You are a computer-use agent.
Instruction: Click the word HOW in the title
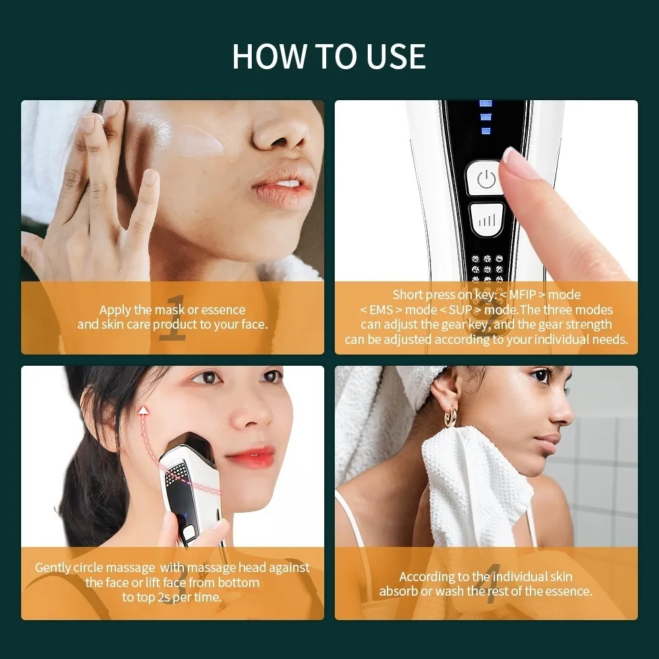coord(270,56)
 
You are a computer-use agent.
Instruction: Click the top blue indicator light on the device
coord(486,103)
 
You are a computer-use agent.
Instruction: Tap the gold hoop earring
coord(451,416)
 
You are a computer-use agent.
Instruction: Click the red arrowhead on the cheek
coord(144,410)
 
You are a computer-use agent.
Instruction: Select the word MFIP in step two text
coord(523,295)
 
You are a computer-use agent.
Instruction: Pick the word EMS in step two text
coord(381,310)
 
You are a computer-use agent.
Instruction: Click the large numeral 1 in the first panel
coord(173,318)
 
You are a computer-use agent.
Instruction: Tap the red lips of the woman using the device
coord(250,457)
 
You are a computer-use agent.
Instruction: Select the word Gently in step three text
coord(53,568)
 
